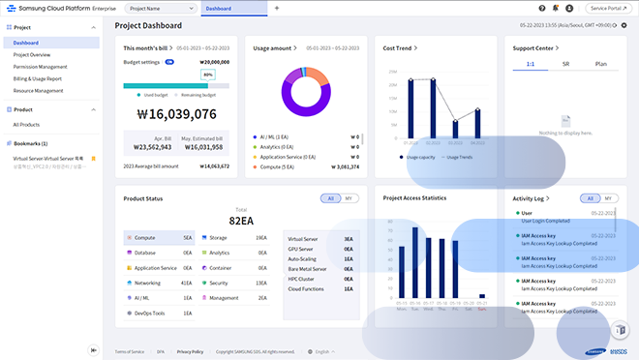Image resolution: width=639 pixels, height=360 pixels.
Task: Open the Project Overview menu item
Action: point(32,55)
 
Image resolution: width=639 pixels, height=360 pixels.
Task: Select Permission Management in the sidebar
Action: point(40,67)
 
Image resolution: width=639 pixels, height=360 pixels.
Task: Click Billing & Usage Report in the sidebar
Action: point(38,78)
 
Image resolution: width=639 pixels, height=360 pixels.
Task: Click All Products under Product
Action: point(26,125)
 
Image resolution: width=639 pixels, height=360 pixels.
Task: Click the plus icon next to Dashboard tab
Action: point(277,8)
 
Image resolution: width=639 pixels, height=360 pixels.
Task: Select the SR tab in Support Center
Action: point(565,63)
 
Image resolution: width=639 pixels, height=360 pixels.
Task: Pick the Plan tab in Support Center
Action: point(600,63)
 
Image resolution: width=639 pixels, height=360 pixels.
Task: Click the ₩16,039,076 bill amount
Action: point(176,113)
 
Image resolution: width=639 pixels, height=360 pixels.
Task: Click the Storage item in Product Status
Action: point(218,237)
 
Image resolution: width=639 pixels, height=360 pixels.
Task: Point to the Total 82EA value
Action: point(241,221)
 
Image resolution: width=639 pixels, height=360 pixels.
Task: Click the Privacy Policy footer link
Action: point(190,351)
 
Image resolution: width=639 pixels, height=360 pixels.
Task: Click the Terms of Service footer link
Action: point(130,351)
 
